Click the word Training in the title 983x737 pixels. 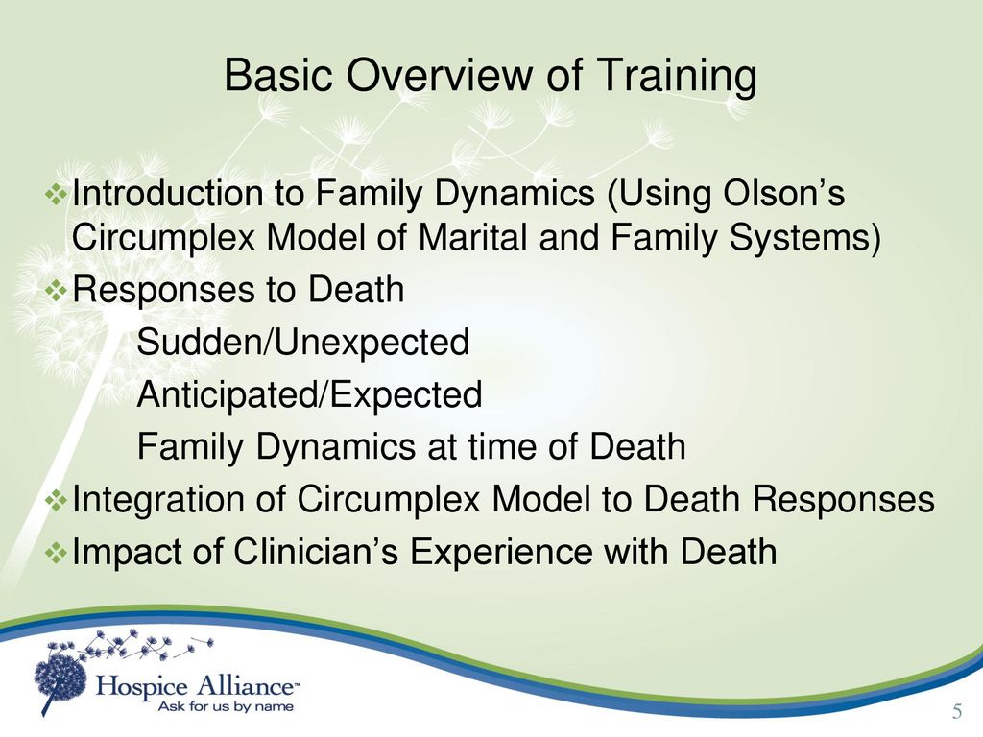676,77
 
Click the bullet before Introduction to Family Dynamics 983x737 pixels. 57,195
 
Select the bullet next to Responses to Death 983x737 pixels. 57,290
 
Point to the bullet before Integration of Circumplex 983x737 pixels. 57,500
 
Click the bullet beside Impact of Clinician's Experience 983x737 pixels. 57,553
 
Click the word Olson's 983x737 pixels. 783,192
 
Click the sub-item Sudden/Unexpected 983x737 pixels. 302,343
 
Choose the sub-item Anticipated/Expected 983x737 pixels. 310,395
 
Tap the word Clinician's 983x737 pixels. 316,552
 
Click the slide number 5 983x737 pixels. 957,711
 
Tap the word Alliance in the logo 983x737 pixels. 246,685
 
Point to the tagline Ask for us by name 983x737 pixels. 226,707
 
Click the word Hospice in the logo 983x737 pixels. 142,687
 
